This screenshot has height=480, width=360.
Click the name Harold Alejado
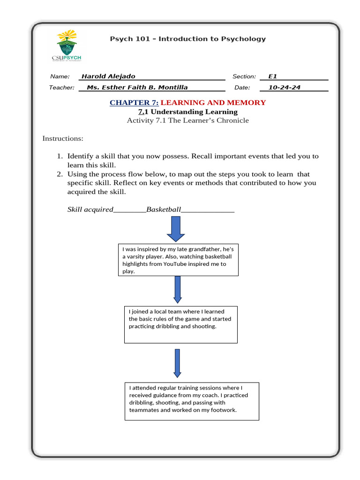(108, 76)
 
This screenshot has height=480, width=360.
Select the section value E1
(273, 76)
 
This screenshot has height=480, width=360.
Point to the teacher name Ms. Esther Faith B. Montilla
(137, 87)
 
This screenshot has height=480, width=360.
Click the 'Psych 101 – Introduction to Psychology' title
(187, 39)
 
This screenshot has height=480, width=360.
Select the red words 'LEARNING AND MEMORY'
(213, 102)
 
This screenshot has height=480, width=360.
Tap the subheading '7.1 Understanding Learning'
(187, 112)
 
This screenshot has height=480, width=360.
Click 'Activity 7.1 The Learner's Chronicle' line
(187, 120)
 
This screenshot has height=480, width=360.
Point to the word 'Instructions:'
(63, 138)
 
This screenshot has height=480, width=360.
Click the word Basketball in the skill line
(163, 210)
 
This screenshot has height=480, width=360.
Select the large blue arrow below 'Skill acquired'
(176, 230)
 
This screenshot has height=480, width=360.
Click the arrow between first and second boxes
(177, 289)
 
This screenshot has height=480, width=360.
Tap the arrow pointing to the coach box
(177, 363)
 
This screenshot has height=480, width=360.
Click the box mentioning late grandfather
(178, 260)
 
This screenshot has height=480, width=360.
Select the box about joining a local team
(180, 324)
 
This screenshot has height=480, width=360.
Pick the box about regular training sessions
(192, 401)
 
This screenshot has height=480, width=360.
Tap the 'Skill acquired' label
(90, 210)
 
